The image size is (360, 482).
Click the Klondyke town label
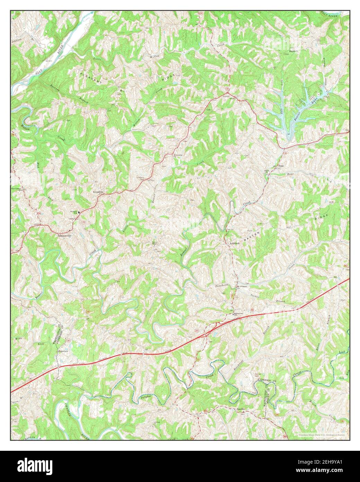click(97, 191)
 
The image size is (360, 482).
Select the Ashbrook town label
click(234, 243)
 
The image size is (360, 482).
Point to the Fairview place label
click(63, 351)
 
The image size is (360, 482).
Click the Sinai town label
click(281, 166)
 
